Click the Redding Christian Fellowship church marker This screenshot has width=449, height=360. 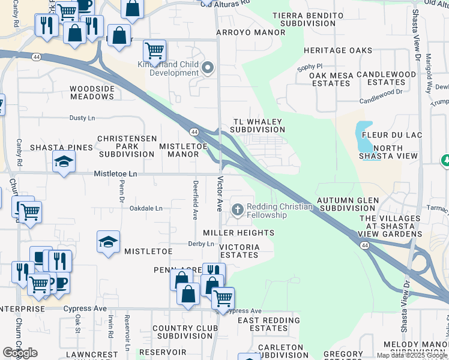click(238, 209)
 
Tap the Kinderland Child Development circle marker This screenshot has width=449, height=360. click(208, 68)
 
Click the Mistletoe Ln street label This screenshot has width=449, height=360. click(116, 173)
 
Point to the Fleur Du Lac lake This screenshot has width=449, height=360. click(364, 137)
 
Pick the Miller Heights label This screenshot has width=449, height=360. click(238, 232)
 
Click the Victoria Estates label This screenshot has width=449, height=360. click(240, 251)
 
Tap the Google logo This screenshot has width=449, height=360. click(20, 352)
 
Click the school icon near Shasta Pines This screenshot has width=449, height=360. click(64, 161)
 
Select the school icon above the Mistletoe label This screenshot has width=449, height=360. click(108, 242)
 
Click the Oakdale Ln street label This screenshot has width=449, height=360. click(146, 208)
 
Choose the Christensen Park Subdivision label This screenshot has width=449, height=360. click(126, 150)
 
